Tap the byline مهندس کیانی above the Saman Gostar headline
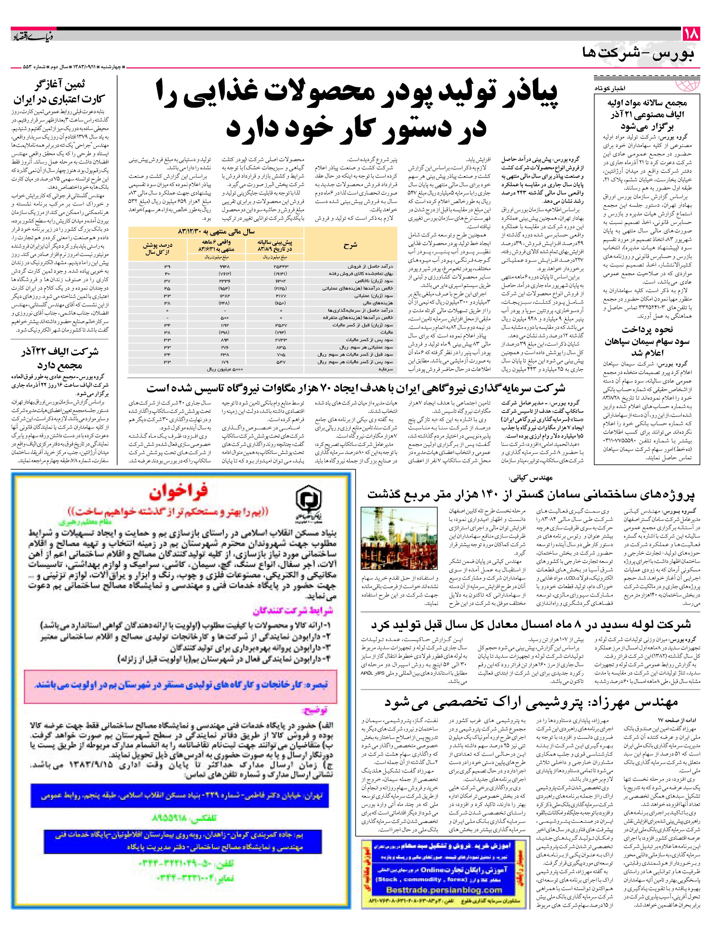click(530, 478)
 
